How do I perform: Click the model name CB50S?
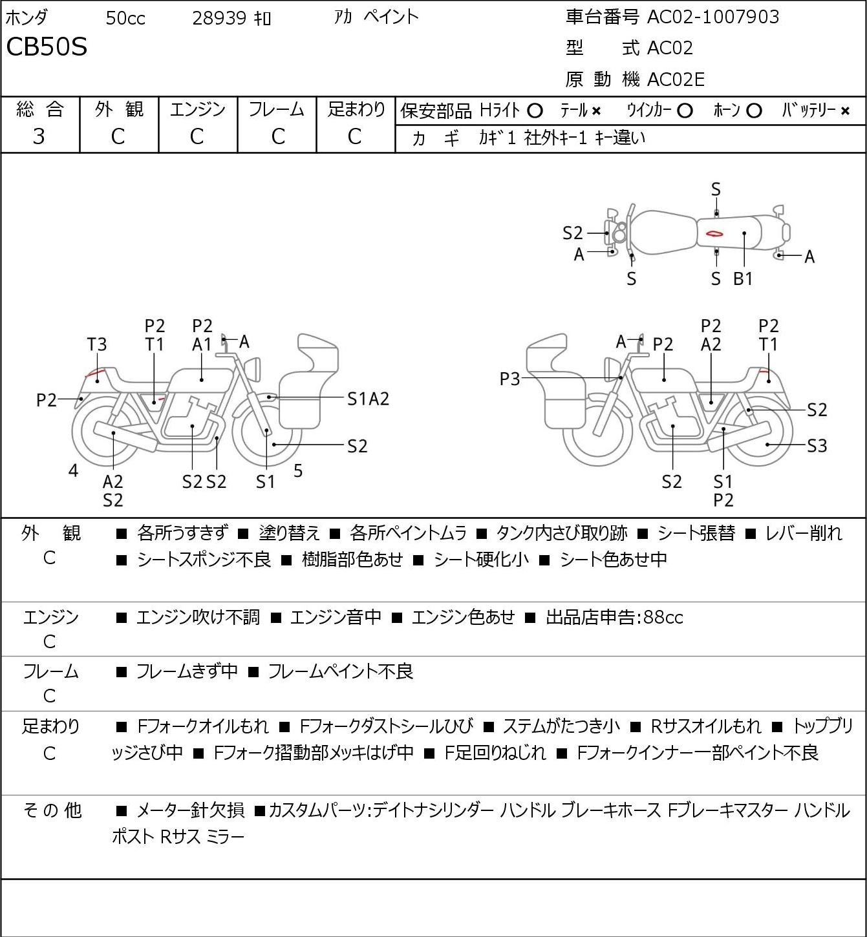point(47,47)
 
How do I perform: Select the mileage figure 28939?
point(219,18)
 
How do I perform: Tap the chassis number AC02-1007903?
point(713,17)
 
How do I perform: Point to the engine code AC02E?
point(676,79)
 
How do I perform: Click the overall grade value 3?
point(39,137)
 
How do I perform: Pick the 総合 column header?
point(39,109)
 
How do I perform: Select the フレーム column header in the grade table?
point(276,109)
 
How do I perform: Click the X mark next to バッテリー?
point(845,111)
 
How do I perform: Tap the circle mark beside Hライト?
point(535,111)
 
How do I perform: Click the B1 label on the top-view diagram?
point(742,279)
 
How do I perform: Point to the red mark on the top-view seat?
point(714,233)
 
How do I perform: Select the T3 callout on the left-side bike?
point(97,344)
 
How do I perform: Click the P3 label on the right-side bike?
point(509,379)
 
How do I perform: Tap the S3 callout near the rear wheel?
point(817,446)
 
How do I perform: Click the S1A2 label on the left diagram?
point(368,399)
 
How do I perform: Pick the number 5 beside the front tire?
point(298,470)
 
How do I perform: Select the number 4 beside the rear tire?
point(73,470)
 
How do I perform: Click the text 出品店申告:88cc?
point(614,617)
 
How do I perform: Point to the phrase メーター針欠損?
point(190,810)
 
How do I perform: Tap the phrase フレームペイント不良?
point(341,671)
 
